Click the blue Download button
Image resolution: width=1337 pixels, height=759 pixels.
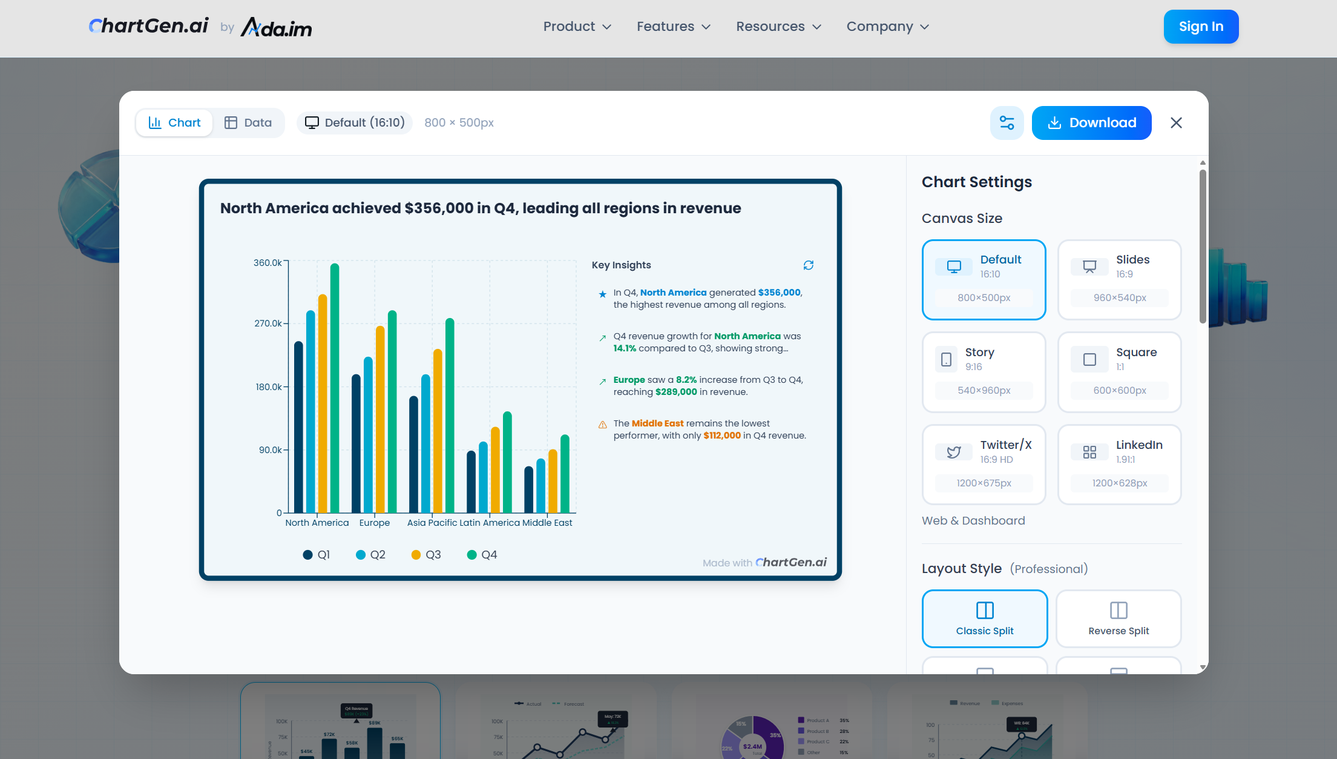pos(1091,123)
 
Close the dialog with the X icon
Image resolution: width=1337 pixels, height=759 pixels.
pos(1176,123)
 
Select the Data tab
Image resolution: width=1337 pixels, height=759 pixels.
pos(248,123)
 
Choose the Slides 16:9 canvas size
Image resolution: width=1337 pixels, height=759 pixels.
pos(1119,279)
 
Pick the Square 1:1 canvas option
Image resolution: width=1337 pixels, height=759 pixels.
pos(1119,372)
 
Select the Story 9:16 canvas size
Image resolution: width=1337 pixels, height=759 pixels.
pos(984,372)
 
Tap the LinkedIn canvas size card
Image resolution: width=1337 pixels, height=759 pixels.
pos(1119,465)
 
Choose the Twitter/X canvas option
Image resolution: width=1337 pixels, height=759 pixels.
pos(984,465)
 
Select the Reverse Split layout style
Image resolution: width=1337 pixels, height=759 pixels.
pos(1118,618)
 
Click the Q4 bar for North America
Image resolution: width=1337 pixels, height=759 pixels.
pos(335,388)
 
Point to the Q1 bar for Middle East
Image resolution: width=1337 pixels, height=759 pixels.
pos(528,489)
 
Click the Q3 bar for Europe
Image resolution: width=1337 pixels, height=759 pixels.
pos(380,419)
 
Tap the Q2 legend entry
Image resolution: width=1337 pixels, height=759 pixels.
pos(370,555)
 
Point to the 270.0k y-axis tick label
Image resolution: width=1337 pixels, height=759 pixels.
pos(268,323)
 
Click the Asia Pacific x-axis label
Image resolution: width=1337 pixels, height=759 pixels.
pos(432,523)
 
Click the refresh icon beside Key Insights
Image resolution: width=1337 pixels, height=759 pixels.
pos(808,265)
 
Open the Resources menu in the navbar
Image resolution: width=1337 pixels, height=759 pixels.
pos(778,27)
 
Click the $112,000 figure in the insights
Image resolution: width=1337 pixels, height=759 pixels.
pos(721,436)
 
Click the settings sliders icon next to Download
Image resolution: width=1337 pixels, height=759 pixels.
pos(1007,123)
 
